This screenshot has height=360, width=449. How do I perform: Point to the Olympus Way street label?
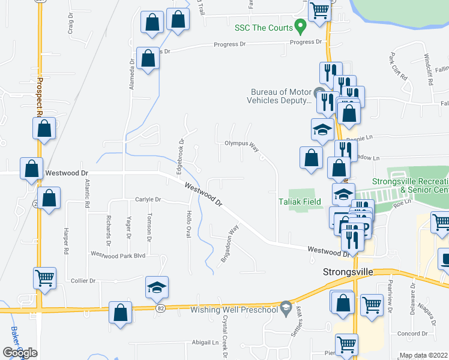[241, 144]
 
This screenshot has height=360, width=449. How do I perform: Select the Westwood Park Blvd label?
[118, 254]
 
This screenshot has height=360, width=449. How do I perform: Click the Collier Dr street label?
[83, 281]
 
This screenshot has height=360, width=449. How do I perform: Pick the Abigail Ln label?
[205, 343]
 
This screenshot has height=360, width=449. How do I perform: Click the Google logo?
[20, 353]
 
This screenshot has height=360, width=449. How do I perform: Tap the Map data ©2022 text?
[424, 355]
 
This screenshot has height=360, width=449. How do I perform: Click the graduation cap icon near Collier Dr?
[156, 287]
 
